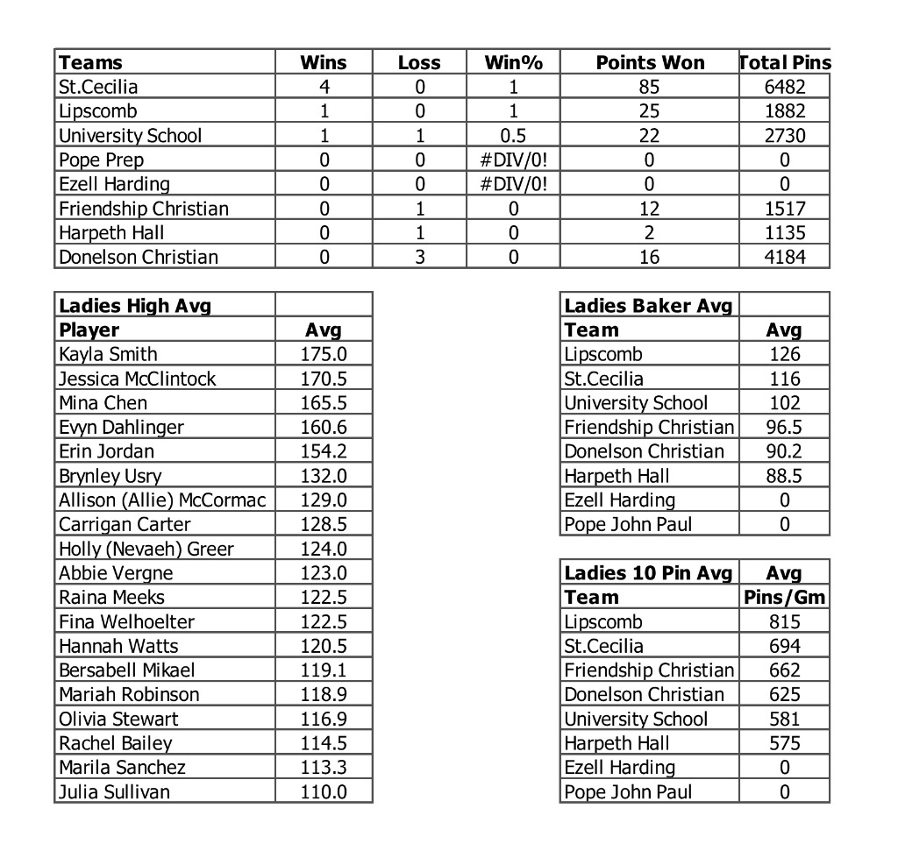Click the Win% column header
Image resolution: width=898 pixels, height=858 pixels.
point(514,62)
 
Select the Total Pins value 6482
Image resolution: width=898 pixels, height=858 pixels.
point(784,87)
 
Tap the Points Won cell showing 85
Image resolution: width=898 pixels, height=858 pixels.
point(650,87)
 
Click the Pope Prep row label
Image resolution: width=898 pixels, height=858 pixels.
point(102,160)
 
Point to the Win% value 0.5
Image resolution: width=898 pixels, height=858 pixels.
point(514,136)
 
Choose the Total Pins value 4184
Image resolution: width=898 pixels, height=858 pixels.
point(784,257)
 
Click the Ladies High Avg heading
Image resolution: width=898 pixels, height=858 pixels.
point(135,306)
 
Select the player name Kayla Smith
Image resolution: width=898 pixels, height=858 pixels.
point(109,354)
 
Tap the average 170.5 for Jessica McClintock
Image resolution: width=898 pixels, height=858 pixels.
point(324,379)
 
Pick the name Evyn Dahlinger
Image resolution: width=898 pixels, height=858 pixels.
point(122,427)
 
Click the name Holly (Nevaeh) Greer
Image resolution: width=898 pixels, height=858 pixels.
point(146,549)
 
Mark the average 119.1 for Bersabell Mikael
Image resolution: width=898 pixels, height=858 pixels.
point(324,670)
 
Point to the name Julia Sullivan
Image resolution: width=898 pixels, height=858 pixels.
point(115,791)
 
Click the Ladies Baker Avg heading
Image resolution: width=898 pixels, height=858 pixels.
point(648,306)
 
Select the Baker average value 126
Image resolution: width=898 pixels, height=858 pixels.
point(784,354)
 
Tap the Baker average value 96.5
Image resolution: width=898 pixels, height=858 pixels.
point(784,427)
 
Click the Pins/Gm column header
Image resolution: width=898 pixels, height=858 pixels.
point(784,598)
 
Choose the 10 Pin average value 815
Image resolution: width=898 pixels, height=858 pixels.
point(784,622)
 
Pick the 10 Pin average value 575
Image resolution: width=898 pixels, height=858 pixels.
point(784,743)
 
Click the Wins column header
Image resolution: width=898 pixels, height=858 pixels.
point(324,62)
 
